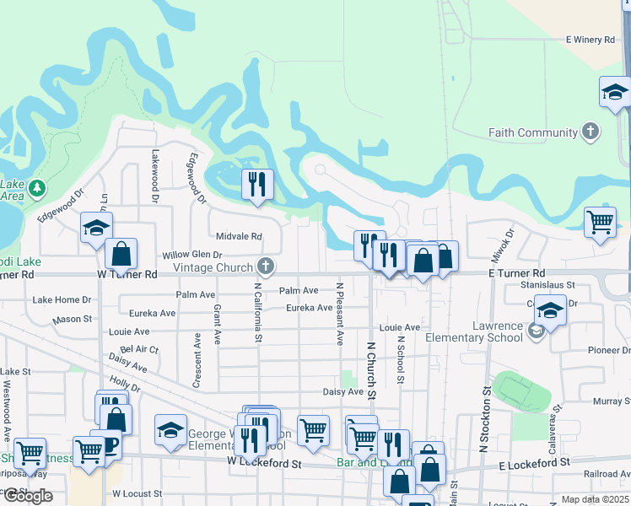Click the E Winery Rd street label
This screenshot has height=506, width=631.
pos(593,40)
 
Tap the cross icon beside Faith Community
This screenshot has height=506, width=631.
pos(591,132)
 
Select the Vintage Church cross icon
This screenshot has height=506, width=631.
pos(266,267)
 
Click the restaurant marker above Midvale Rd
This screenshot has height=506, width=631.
pos(256,184)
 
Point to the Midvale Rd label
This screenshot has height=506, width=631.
pos(239,237)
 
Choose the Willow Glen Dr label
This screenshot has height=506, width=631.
pos(191,255)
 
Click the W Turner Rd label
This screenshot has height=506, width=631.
pos(127,274)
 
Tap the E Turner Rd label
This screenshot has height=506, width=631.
pos(516,273)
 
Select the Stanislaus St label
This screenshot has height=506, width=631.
pos(547,286)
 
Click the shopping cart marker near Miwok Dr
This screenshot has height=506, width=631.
pos(600,222)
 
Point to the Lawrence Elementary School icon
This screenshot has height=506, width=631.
pos(536,331)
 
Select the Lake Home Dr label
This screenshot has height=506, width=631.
pos(61,299)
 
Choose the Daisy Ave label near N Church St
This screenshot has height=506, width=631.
pos(342,392)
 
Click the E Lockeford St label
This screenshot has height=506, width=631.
pos(535,465)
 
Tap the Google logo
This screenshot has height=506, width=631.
pos(28,496)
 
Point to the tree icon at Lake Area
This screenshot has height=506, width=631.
pos(37,187)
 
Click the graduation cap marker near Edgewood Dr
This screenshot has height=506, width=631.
pos(96,227)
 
